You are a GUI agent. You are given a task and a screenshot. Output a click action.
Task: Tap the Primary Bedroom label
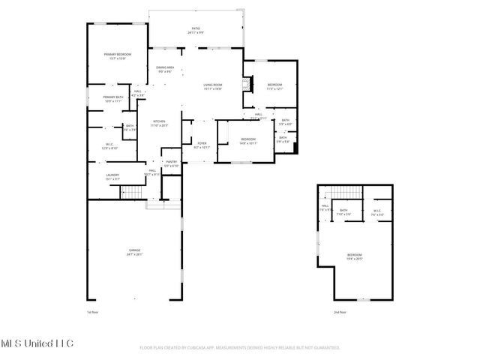point(118,55)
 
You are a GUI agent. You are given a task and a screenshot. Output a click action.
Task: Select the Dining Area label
point(165,70)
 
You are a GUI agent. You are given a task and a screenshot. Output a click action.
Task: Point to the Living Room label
point(213,86)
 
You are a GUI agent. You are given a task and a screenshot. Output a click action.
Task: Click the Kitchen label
point(159,123)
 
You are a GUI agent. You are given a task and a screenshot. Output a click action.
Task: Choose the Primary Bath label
point(114,98)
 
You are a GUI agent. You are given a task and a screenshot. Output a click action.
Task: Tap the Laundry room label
point(112,177)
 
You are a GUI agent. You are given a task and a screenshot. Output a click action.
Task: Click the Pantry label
point(171,163)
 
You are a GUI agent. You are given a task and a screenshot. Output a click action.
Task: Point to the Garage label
point(134,251)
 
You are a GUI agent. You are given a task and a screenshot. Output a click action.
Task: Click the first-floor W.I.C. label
point(109,145)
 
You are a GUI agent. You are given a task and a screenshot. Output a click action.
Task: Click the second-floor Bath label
point(343,211)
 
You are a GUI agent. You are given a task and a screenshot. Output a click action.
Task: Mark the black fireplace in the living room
point(244,82)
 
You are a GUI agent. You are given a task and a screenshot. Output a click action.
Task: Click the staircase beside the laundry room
point(132,193)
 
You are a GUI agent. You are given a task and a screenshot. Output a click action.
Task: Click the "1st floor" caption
point(93,312)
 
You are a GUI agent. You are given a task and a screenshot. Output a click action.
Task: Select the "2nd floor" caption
point(340,312)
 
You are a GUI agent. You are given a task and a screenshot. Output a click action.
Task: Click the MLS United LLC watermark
point(37,343)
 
